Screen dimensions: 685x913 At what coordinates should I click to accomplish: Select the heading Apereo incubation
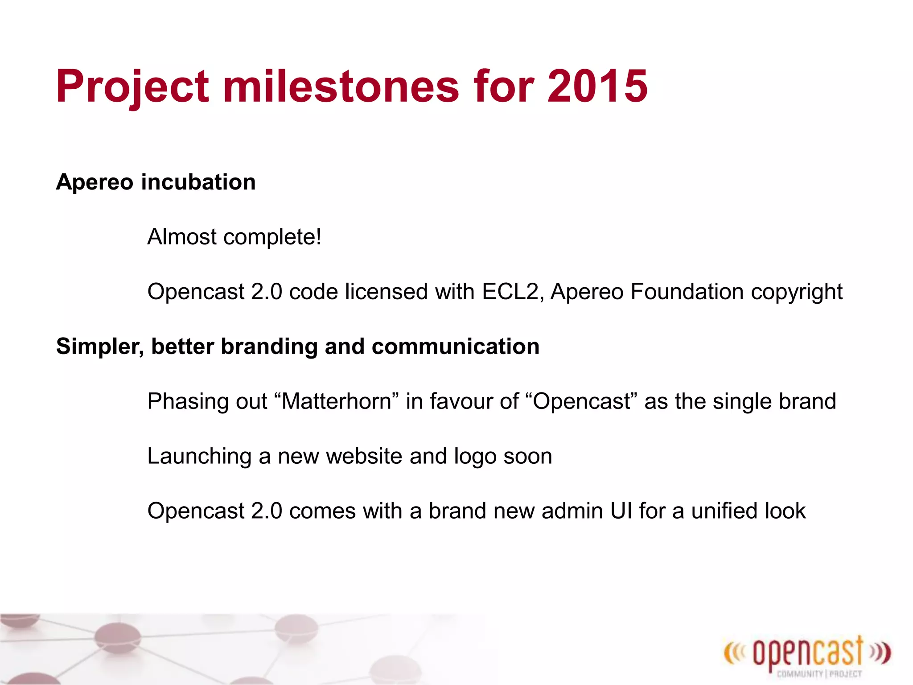point(156,182)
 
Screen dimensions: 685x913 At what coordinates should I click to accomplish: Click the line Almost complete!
point(234,237)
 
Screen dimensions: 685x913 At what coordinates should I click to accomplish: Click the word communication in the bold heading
point(455,347)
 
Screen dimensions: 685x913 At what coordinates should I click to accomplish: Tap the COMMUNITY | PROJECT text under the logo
point(819,674)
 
